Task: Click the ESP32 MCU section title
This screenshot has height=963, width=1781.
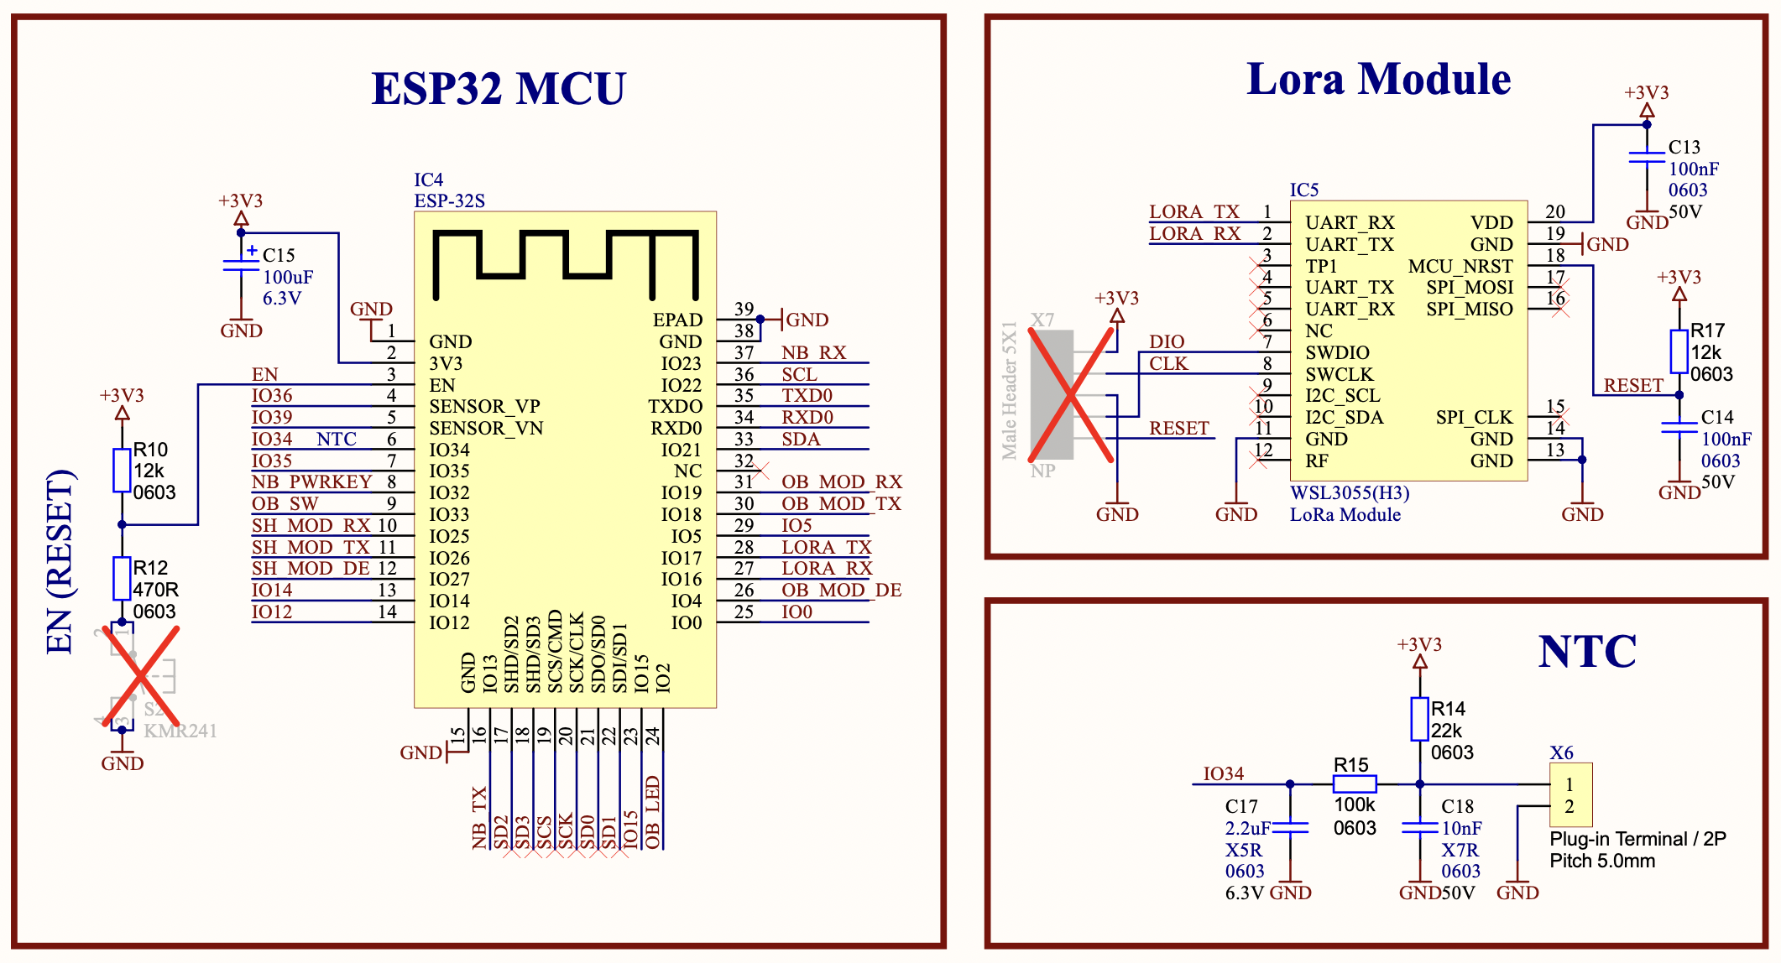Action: point(499,89)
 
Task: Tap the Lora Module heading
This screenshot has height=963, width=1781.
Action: point(1378,80)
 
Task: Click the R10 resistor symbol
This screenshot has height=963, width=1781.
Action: point(122,470)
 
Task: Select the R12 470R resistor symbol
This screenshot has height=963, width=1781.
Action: point(122,578)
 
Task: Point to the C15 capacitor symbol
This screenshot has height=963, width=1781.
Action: point(241,266)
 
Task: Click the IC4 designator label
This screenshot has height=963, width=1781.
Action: point(428,180)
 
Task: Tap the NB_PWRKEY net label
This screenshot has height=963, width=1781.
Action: point(311,482)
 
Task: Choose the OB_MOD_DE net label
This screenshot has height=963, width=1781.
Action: point(841,591)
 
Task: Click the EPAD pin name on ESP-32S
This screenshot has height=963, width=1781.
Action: point(677,320)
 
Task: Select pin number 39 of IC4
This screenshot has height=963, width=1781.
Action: point(744,309)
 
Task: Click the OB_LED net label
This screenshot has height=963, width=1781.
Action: point(653,812)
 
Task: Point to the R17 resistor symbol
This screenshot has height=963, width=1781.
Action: point(1679,351)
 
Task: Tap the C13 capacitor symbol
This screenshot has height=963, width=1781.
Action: point(1647,157)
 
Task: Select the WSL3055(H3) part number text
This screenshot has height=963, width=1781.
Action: point(1350,493)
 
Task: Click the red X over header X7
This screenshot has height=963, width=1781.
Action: point(1071,395)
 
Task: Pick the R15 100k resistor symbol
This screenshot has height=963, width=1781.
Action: point(1355,784)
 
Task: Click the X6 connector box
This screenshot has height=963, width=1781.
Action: point(1570,795)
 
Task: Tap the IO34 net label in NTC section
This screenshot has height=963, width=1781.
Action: point(1223,773)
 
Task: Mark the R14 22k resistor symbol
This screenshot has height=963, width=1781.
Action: point(1419,719)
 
